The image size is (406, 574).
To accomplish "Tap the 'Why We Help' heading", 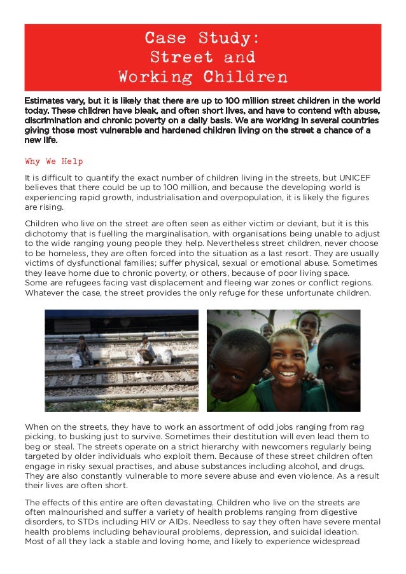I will tap(53, 161).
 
